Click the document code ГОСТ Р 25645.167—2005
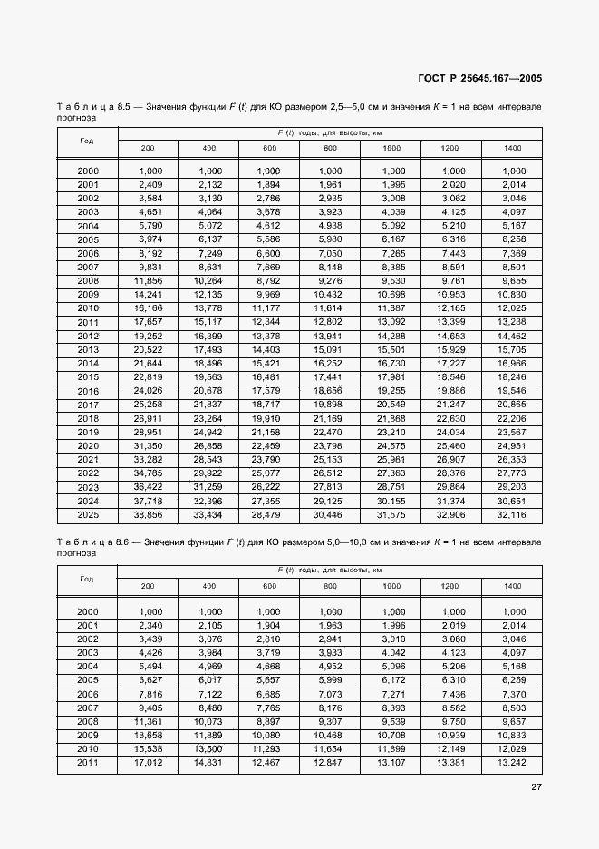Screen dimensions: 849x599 pos(481,78)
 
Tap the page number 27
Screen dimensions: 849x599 pos(536,786)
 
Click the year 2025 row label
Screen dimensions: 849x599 pos(88,515)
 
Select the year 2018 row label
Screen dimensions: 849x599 pos(88,419)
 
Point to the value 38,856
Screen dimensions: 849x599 pos(148,515)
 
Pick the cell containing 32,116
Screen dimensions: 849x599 pos(513,515)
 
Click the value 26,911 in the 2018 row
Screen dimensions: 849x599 pos(148,419)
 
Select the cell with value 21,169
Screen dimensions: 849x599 pos(330,419)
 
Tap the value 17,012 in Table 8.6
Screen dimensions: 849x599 pos(148,764)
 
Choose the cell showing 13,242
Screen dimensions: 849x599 pos(513,764)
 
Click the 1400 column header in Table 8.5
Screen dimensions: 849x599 pos(513,148)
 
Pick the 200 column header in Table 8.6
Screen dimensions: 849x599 pos(148,586)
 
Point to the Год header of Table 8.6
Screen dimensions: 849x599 pos(87,579)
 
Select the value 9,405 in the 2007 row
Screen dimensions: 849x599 pos(148,708)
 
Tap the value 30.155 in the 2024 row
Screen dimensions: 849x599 pos(391,501)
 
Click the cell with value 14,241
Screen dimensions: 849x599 pos(148,295)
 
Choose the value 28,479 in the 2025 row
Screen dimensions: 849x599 pos(268,515)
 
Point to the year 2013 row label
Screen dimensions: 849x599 pos(88,350)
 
